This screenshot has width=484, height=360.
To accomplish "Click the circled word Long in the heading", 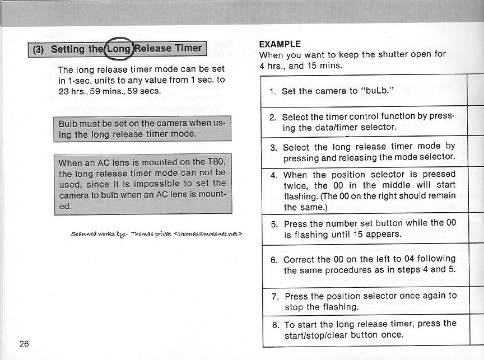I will click(x=118, y=49).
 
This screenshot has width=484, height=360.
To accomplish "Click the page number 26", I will click(x=24, y=343).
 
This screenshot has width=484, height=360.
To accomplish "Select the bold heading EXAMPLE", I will click(x=280, y=44).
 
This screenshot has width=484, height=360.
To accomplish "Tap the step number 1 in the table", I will click(x=272, y=91).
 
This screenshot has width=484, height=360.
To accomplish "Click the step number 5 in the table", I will click(x=274, y=223).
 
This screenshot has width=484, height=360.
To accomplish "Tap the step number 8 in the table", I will click(x=275, y=324).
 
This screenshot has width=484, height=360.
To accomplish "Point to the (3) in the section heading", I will click(x=39, y=49).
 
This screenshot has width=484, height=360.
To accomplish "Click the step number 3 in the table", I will click(x=274, y=148).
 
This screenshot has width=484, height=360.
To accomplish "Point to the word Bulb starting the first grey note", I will click(x=69, y=123).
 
